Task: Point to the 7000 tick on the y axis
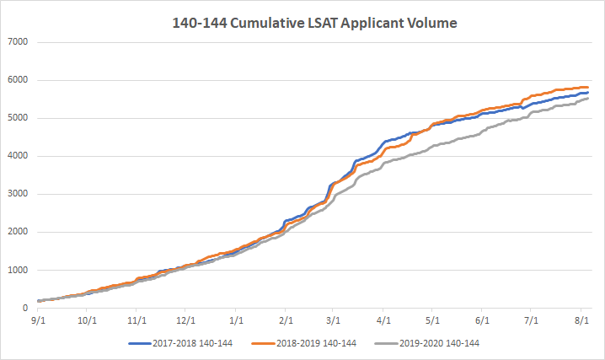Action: (x=18, y=42)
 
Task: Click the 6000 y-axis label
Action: (x=18, y=80)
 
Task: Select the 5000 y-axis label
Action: (x=18, y=118)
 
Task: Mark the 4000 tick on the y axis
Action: (x=18, y=156)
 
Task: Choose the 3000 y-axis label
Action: (x=18, y=194)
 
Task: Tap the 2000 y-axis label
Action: (x=18, y=232)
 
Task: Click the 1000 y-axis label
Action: (x=18, y=270)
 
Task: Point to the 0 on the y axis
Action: (x=25, y=308)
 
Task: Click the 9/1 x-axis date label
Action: (x=39, y=320)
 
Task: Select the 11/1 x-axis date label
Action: (x=138, y=320)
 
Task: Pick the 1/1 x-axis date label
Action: (x=237, y=320)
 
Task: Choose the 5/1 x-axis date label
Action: (x=434, y=320)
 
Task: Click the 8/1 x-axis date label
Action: (x=581, y=320)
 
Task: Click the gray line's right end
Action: (x=588, y=98)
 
